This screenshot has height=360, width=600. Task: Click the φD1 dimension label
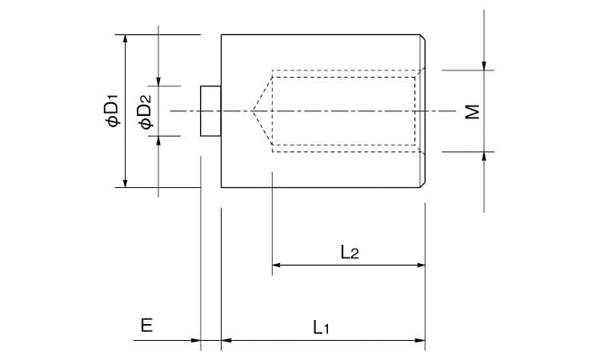(114, 110)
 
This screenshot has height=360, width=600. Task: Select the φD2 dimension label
(146, 111)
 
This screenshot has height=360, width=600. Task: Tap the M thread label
(472, 111)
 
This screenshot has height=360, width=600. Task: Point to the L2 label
(350, 253)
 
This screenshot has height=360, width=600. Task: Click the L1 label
(321, 327)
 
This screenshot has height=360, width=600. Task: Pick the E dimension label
(147, 326)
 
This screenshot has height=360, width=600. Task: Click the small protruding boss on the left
(210, 111)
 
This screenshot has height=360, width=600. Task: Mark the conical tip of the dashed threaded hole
(252, 111)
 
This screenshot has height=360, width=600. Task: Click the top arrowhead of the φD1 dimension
(125, 39)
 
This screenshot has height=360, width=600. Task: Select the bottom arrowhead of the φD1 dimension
(125, 182)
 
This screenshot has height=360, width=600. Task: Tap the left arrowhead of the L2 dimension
(277, 265)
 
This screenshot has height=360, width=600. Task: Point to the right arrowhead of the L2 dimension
(420, 265)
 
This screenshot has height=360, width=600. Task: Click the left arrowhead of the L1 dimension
(226, 340)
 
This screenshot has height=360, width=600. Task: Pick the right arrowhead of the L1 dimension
(420, 340)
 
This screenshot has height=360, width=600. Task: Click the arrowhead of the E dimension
(195, 340)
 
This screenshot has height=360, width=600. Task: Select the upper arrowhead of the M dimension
(484, 66)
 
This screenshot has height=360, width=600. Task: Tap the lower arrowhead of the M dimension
(484, 157)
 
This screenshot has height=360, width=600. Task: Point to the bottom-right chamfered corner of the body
(423, 185)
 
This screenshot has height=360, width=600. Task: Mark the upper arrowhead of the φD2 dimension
(158, 81)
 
